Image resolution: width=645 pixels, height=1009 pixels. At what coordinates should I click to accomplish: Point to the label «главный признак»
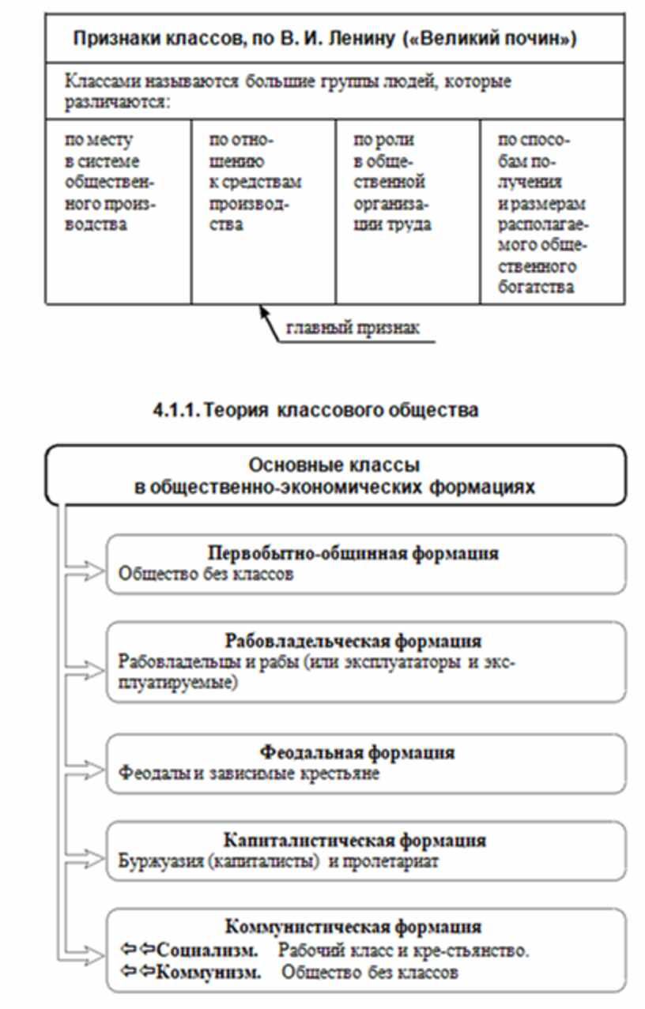353,327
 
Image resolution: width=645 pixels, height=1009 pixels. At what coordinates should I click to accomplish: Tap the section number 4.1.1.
175,411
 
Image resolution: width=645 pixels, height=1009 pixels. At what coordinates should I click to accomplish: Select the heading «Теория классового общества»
341,411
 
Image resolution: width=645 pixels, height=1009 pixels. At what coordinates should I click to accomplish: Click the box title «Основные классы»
334,464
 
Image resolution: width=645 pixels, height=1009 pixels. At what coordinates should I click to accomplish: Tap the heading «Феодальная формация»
357,752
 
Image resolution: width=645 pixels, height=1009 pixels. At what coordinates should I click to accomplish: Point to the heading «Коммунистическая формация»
353,926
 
